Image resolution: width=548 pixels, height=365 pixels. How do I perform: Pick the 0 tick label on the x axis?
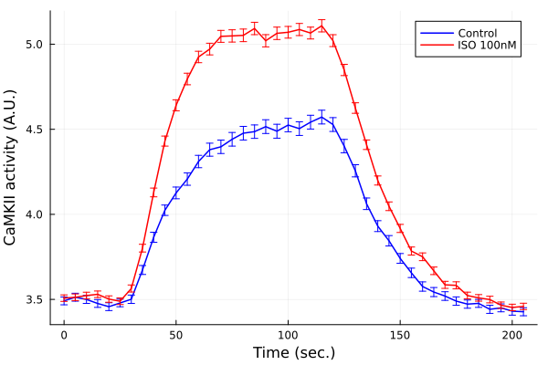point(64,335)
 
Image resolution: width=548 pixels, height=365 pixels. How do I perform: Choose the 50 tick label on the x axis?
point(176,335)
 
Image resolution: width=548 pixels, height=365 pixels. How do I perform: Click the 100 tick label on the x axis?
point(288,335)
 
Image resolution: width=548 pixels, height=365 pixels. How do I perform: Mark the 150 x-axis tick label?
point(400,335)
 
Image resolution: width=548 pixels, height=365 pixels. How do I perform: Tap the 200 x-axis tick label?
point(512,335)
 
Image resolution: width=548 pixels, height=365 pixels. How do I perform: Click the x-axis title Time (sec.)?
point(293,352)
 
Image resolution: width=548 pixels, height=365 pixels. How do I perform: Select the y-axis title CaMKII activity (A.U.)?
point(11,168)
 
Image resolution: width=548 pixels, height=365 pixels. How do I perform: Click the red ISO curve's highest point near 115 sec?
point(321,25)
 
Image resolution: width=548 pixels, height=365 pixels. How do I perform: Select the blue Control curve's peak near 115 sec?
point(321,116)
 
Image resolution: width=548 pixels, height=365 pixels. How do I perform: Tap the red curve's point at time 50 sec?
point(176,105)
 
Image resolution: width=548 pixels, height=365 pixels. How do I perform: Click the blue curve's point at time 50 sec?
point(176,193)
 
